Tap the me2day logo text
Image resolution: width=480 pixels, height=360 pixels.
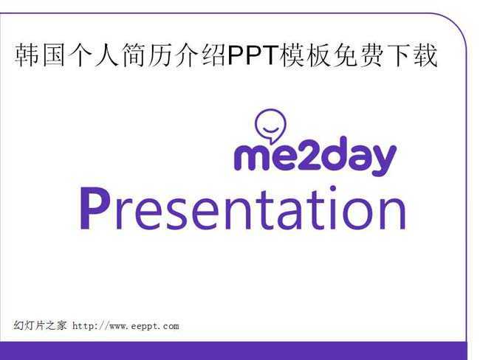(315, 156)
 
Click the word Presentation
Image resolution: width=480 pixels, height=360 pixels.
(243, 208)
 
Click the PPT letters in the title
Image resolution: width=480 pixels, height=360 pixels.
(253, 55)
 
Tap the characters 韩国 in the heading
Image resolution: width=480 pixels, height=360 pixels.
(40, 55)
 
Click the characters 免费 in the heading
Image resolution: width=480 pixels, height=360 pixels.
(357, 55)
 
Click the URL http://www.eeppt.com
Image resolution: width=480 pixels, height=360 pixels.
(126, 326)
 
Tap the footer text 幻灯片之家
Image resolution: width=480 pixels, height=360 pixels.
(39, 325)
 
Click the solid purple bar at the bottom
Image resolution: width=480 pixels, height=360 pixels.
(233, 351)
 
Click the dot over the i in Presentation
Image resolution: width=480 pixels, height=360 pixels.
(333, 188)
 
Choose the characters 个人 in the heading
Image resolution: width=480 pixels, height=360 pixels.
(93, 55)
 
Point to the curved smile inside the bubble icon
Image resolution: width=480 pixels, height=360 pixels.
(270, 131)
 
